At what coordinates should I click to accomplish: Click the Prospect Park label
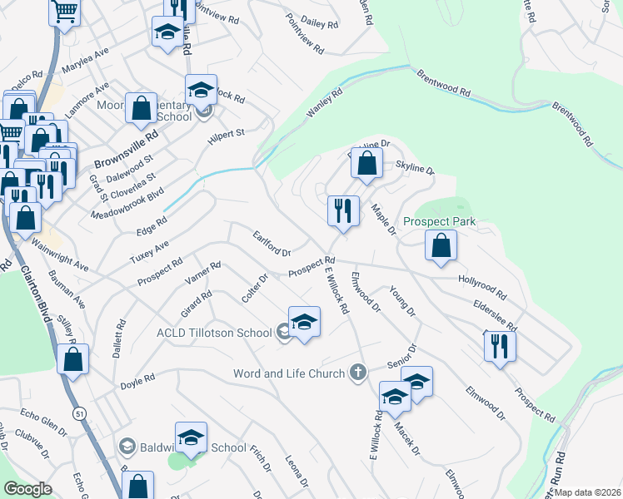(439, 222)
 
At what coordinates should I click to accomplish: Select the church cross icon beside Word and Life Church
(358, 372)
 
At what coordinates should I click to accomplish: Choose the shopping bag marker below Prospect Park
(441, 245)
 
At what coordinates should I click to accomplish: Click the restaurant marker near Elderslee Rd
(500, 345)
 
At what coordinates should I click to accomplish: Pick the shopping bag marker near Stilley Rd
(73, 358)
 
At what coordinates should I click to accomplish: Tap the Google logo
(27, 489)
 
